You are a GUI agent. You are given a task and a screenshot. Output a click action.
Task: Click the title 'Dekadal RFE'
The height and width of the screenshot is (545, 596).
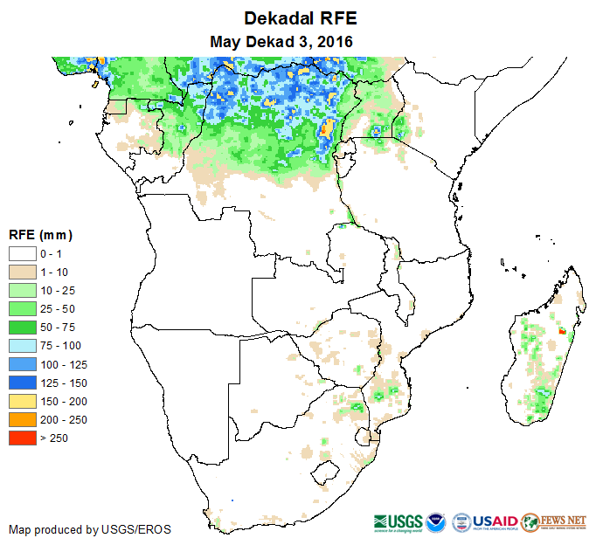[x=301, y=18]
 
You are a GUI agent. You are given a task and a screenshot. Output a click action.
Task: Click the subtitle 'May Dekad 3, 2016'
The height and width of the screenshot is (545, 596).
[x=281, y=41]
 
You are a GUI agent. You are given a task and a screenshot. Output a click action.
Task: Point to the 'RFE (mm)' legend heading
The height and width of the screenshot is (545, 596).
[x=39, y=235]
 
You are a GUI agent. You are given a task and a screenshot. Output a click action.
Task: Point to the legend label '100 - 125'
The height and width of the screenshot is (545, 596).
[x=63, y=364]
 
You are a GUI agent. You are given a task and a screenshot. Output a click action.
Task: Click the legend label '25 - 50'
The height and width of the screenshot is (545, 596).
[x=59, y=308]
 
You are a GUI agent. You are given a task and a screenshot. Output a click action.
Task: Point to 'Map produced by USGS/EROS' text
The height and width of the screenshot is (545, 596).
[x=90, y=529]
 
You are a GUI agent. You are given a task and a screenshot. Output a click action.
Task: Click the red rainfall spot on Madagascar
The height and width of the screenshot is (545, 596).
[x=561, y=332]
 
